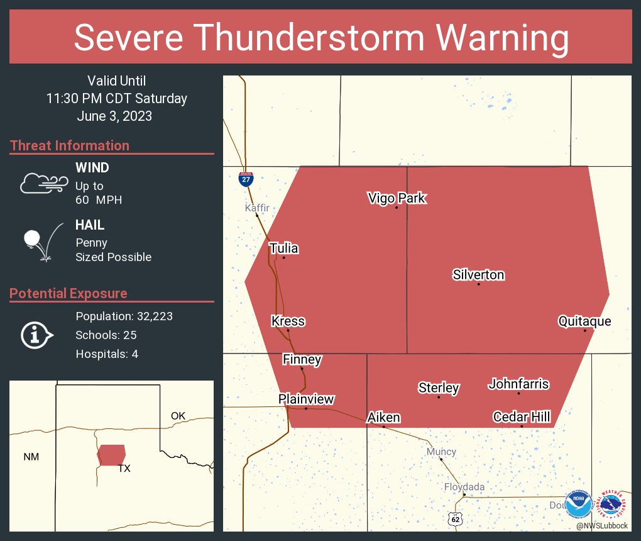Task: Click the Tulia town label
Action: point(283,248)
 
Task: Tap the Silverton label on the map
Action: point(478,275)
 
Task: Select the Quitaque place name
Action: point(584,321)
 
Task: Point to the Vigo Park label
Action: point(397,198)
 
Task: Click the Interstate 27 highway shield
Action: point(246,179)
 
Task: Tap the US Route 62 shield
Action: point(456,519)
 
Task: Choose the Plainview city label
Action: point(306,399)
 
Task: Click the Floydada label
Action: point(464,487)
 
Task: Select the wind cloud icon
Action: point(43,183)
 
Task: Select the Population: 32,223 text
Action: point(124,316)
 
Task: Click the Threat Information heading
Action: point(70,145)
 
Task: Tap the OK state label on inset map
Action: point(178,416)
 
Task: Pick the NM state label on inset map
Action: point(31,457)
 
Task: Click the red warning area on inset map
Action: point(112,454)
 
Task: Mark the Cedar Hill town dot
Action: point(522,427)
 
